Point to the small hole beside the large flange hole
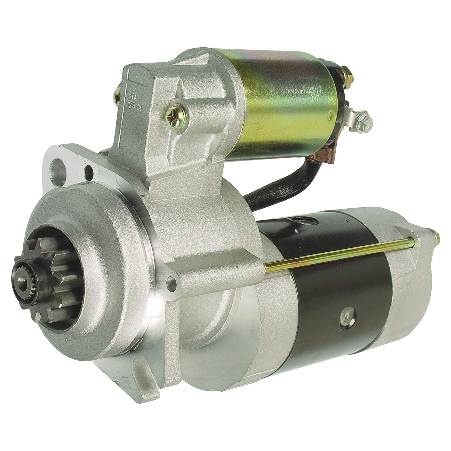[89, 170]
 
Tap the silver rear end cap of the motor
[409, 271]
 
